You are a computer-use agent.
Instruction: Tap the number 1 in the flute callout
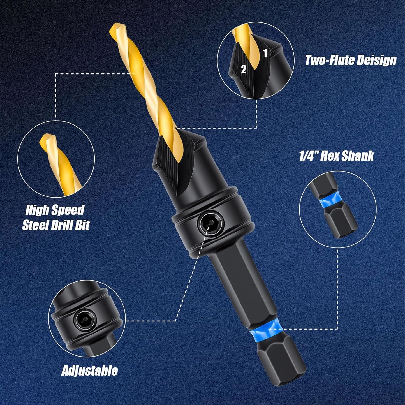(x=265, y=53)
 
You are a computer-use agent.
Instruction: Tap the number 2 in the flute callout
(x=244, y=69)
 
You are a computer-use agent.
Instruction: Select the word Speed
(x=69, y=210)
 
